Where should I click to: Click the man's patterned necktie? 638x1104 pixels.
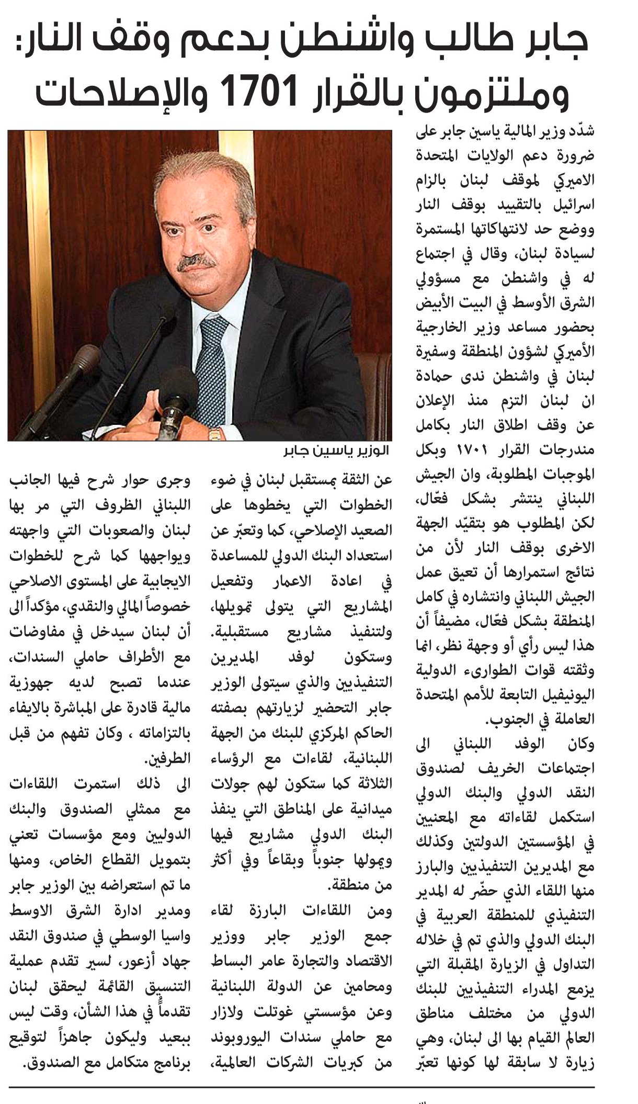click(211, 366)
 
